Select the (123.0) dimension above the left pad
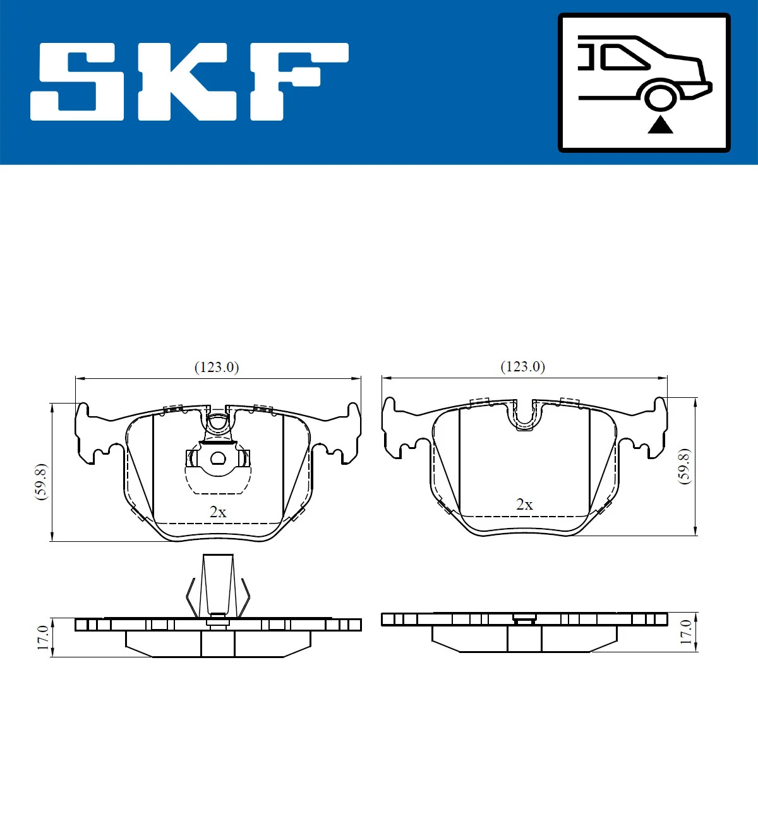pos(217,367)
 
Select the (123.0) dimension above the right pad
pos(522,366)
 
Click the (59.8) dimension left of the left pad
pos(41,481)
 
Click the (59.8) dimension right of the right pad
pos(684,466)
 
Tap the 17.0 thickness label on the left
pos(42,638)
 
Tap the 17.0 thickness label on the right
pos(686,632)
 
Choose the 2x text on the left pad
pos(218,512)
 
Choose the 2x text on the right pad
pos(524,504)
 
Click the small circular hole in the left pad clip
pos(218,458)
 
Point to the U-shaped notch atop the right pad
pos(524,415)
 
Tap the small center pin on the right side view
pos(524,618)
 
